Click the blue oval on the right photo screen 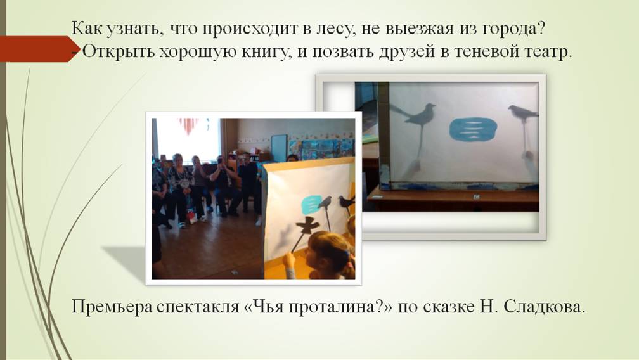[x=473, y=129]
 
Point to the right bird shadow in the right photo [x=522, y=112]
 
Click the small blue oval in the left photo [x=311, y=205]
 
